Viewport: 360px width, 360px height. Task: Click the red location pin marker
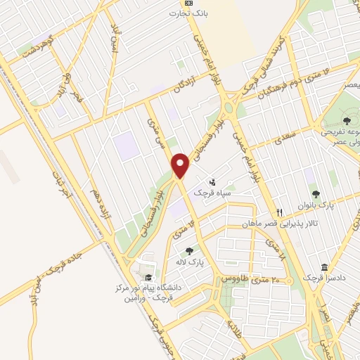181,165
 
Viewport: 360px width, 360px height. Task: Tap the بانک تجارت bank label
193,13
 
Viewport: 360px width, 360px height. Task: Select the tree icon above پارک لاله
189,251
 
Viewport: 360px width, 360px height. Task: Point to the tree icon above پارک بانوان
315,193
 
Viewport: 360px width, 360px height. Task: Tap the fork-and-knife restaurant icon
280,212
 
